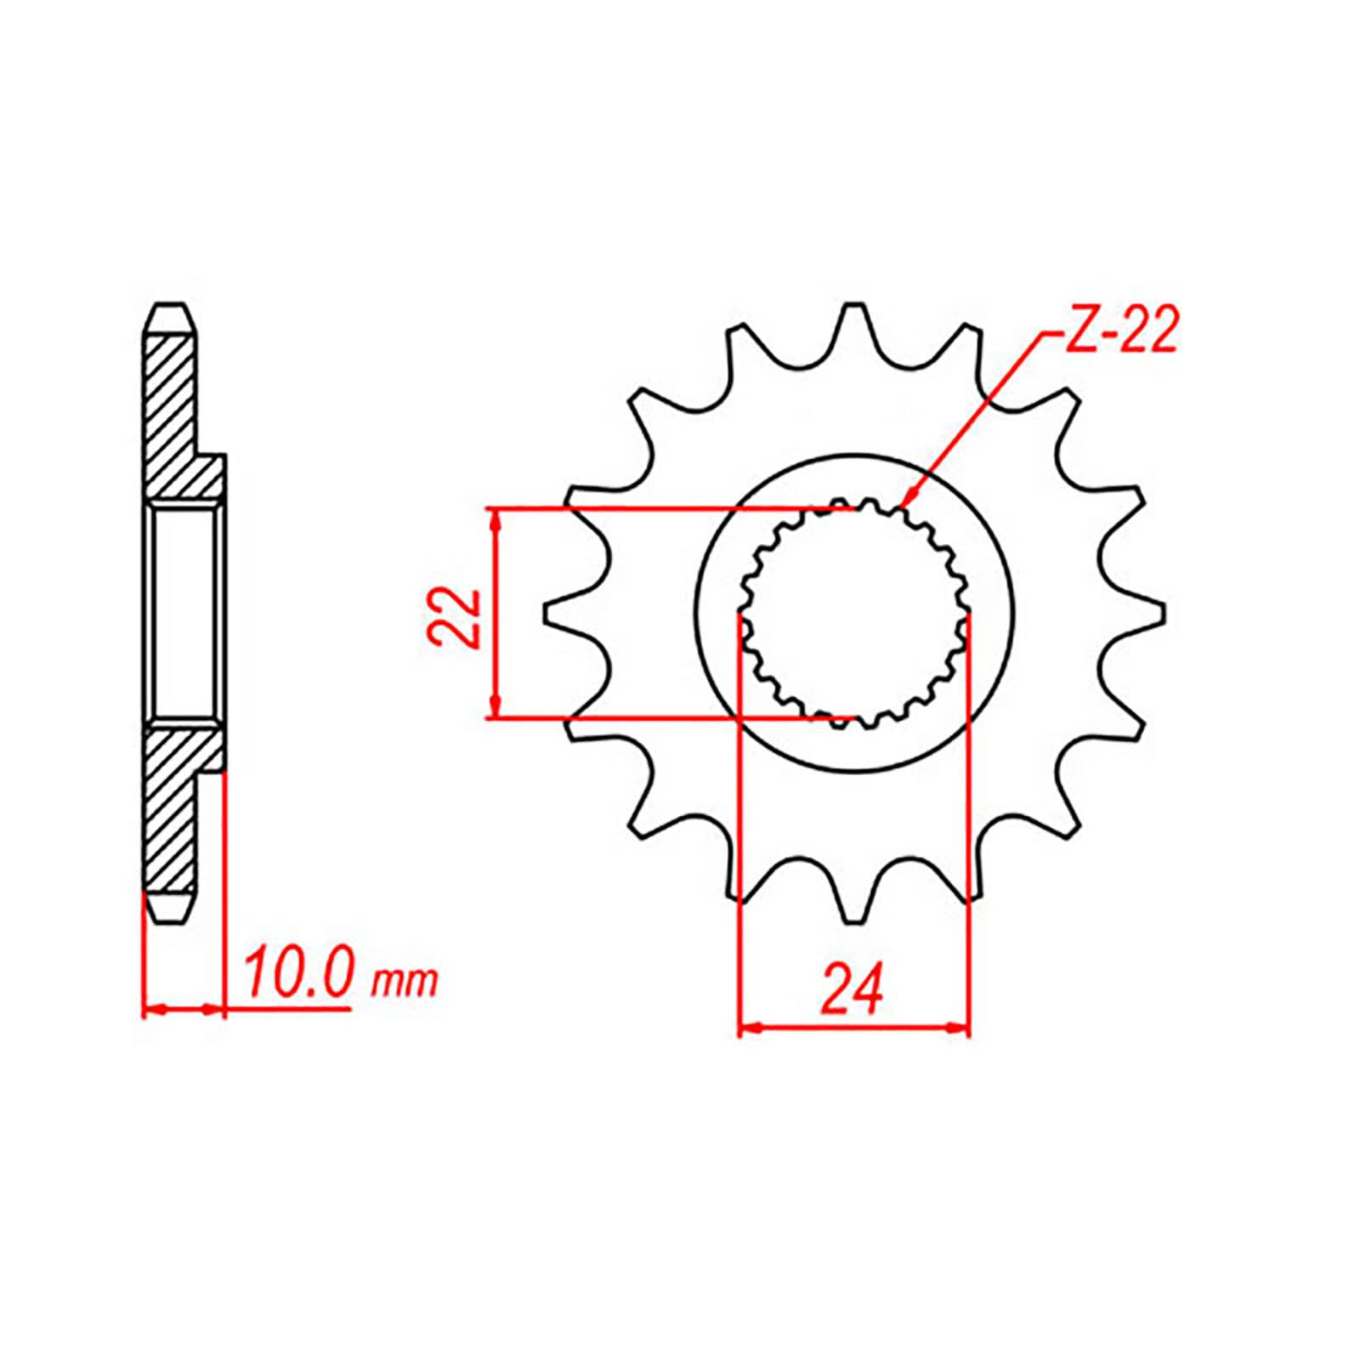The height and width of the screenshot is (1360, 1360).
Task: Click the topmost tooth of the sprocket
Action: click(853, 323)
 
